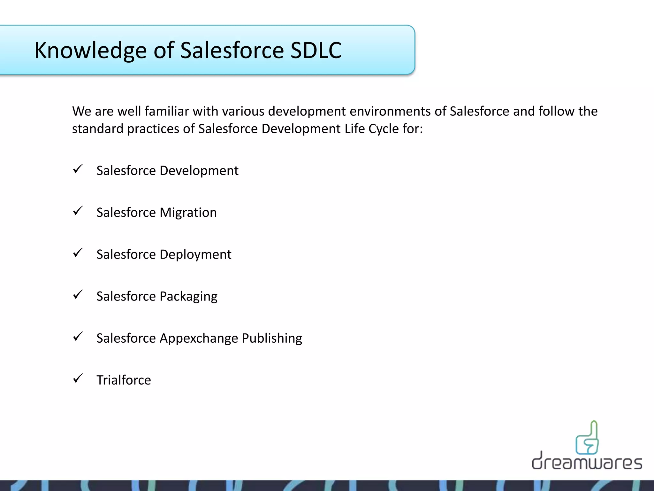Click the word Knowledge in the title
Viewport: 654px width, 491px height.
pyautogui.click(x=90, y=51)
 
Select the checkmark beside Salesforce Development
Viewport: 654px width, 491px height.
pyautogui.click(x=78, y=169)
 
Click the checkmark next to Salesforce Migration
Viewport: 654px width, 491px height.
pyautogui.click(x=78, y=211)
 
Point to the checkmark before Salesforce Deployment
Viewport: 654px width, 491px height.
pyautogui.click(x=78, y=253)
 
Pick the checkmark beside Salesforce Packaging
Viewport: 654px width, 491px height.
pyautogui.click(x=78, y=294)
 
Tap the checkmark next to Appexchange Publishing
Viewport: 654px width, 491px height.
pyautogui.click(x=78, y=336)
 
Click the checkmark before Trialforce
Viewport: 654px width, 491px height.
pyautogui.click(x=78, y=378)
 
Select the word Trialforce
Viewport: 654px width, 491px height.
pyautogui.click(x=124, y=380)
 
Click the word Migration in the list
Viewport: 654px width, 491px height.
pyautogui.click(x=188, y=213)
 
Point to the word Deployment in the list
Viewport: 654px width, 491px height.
pyautogui.click(x=195, y=254)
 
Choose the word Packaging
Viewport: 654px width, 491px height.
pyautogui.click(x=188, y=297)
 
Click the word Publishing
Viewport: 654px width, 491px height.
pyautogui.click(x=272, y=339)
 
